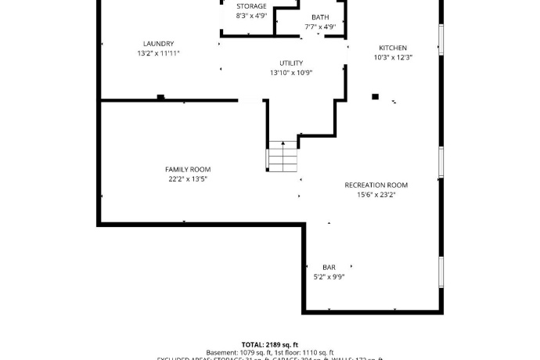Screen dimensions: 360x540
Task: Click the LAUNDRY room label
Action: point(158,44)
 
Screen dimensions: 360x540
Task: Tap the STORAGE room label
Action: point(251,6)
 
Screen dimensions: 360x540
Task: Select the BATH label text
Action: point(320,17)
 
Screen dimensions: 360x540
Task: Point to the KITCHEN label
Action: point(393,48)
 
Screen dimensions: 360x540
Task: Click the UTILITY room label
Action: point(291,63)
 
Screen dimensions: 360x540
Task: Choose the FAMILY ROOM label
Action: point(188,170)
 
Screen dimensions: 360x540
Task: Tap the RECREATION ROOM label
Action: point(376,185)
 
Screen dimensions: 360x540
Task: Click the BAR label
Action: point(329,268)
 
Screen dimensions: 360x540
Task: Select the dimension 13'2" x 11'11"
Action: point(158,53)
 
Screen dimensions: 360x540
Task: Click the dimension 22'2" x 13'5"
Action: point(188,179)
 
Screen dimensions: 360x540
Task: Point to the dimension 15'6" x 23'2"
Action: point(376,195)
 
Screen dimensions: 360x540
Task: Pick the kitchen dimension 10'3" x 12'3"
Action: point(393,57)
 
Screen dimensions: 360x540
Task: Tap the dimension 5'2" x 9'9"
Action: point(329,277)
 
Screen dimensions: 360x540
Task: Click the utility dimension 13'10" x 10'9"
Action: point(291,73)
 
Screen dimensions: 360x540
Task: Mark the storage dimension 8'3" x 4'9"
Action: point(251,16)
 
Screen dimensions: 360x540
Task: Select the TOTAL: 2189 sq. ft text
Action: point(270,344)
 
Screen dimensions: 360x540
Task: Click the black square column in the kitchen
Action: point(375,96)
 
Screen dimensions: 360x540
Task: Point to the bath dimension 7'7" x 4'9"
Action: point(320,27)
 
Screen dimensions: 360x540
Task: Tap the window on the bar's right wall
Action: point(441,270)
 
